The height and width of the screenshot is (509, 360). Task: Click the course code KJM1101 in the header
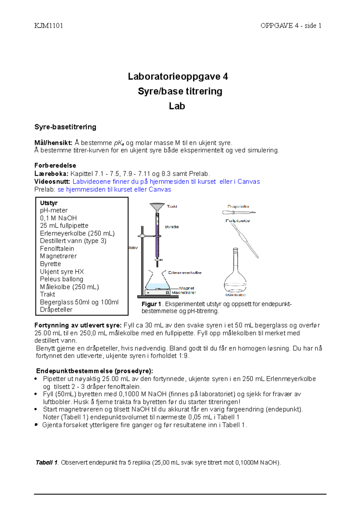49,26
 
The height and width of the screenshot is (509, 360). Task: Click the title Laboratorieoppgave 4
178,76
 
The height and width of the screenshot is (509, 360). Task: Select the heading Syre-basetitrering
65,127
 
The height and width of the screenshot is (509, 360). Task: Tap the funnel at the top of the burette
157,207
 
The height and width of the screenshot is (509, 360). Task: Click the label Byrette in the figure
172,227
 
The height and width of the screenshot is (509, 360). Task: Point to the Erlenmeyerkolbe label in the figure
184,272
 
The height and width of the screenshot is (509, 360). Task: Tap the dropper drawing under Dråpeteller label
238,212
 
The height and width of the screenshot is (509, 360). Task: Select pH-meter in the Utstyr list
54,210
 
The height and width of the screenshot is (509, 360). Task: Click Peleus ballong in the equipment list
61,279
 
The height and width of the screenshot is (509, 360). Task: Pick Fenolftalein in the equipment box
57,249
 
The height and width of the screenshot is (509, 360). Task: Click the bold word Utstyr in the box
49,203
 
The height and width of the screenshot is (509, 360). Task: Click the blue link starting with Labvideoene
166,182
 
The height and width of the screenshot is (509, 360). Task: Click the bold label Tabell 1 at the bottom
46,463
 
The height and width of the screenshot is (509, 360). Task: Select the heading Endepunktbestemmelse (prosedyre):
94,371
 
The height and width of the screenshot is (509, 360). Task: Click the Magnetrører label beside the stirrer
184,293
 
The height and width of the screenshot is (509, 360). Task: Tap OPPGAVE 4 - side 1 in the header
291,26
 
